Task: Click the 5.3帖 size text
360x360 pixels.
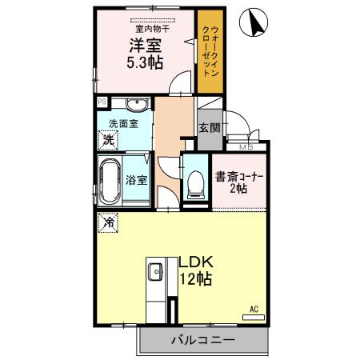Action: coord(145,63)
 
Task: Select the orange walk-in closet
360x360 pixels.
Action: coord(209,52)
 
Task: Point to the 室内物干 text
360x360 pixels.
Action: coord(145,27)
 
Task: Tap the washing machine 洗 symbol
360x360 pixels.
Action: coord(107,140)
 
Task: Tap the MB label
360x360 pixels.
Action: coord(244,146)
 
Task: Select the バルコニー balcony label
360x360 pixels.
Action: coord(202,339)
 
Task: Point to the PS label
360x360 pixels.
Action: coord(102,102)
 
